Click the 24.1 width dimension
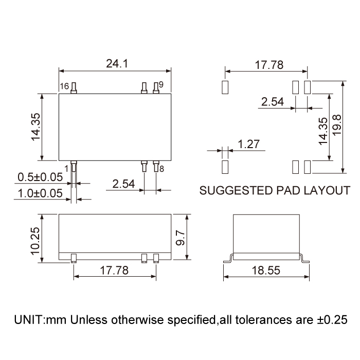(116, 64)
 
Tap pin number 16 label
(64, 86)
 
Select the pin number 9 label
(161, 85)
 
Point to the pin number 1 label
(67, 169)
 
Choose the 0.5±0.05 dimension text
(40, 177)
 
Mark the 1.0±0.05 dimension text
(40, 193)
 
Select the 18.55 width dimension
(266, 271)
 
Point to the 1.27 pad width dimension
(248, 145)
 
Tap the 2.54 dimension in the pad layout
(273, 102)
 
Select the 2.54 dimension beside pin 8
(123, 184)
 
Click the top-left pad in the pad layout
(224, 87)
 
